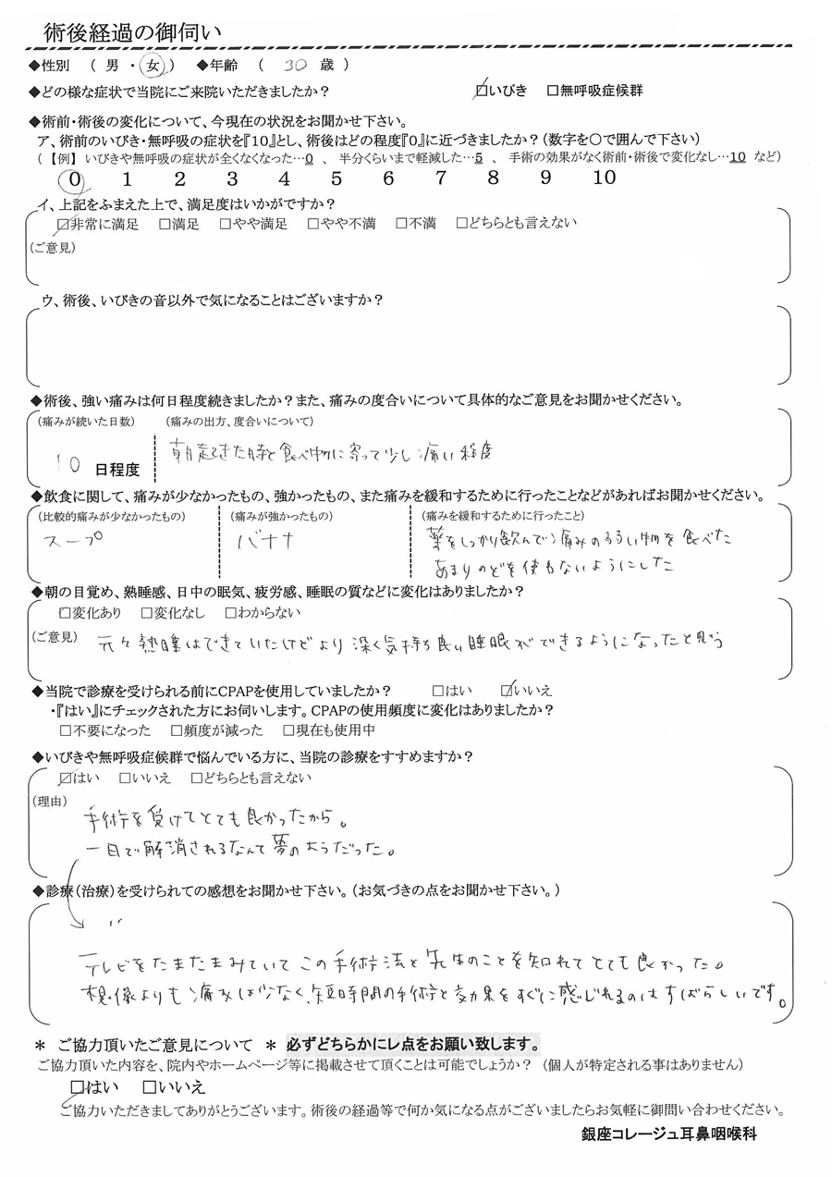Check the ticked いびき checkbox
[x=481, y=90]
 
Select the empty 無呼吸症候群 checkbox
[x=553, y=91]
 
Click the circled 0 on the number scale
[x=76, y=178]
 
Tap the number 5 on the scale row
[x=336, y=178]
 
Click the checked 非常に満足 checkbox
[x=63, y=223]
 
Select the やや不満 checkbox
[x=313, y=223]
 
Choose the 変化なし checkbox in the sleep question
[x=147, y=612]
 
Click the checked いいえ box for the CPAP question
[x=506, y=690]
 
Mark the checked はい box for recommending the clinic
[x=65, y=778]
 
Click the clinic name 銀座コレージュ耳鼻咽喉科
[x=664, y=1134]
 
